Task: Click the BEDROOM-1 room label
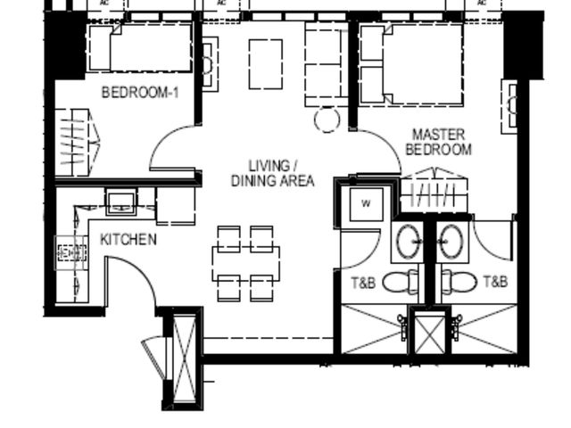click(140, 93)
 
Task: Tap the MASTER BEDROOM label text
click(439, 142)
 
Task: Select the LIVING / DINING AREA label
click(273, 173)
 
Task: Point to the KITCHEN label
click(128, 240)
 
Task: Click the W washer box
click(366, 204)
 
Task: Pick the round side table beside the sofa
click(327, 119)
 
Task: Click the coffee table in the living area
click(266, 64)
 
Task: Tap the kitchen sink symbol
click(121, 202)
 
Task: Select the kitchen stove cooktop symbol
click(71, 253)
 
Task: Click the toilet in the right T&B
click(459, 282)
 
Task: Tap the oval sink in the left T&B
click(408, 242)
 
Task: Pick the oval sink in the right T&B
click(452, 242)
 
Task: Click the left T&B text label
click(363, 283)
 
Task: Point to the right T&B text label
click(496, 281)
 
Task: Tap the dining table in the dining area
click(246, 264)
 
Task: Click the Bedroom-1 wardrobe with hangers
click(77, 143)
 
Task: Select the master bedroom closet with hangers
click(434, 190)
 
